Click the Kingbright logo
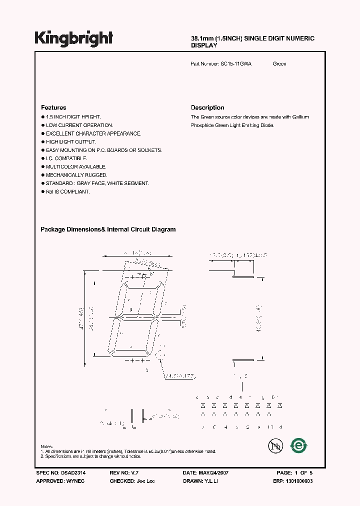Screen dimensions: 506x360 (x=73, y=38)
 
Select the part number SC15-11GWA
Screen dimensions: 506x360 (x=236, y=64)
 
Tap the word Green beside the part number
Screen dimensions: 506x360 (x=279, y=64)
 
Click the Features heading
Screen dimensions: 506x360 (x=53, y=107)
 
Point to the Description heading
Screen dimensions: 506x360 (x=207, y=107)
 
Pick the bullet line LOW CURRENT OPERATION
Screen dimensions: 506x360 (x=79, y=125)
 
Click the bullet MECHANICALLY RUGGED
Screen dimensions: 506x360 (x=76, y=175)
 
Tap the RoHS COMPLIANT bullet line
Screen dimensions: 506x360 (x=68, y=191)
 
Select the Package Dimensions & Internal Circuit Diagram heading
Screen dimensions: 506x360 (x=108, y=229)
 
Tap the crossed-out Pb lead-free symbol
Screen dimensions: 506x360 (x=273, y=445)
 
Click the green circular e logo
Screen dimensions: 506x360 (x=299, y=445)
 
